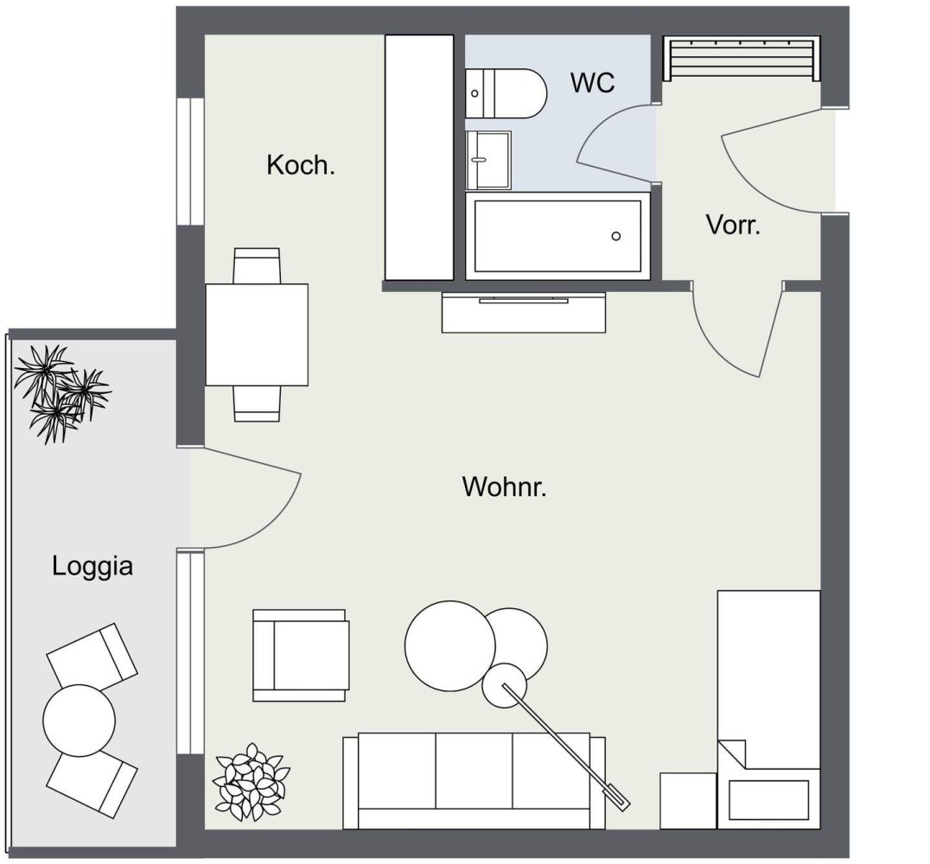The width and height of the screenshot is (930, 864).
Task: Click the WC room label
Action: [x=592, y=83]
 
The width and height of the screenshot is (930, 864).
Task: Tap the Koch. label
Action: [x=300, y=165]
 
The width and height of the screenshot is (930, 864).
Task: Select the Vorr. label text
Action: [x=733, y=226]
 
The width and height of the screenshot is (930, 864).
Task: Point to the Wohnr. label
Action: [x=505, y=486]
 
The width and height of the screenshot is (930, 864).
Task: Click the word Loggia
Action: [x=92, y=567]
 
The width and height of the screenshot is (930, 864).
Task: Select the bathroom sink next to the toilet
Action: [x=487, y=160]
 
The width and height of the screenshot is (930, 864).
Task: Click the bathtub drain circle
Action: [x=615, y=236]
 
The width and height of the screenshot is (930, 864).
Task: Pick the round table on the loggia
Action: [x=79, y=720]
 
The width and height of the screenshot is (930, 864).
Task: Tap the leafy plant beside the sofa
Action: [x=251, y=781]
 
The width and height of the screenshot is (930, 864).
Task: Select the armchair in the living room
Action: [x=301, y=654]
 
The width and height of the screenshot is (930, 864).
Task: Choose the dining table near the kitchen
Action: [x=257, y=334]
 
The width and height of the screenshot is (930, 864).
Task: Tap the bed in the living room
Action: [x=768, y=691]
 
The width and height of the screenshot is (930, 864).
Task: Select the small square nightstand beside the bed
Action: [x=688, y=800]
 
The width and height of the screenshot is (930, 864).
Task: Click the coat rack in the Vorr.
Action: [x=740, y=59]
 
